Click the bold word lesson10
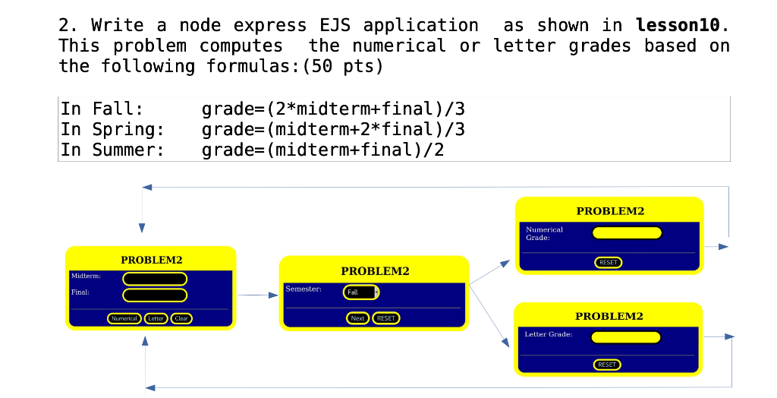pyautogui.click(x=678, y=25)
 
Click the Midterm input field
pyautogui.click(x=155, y=279)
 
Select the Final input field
pyautogui.click(x=155, y=295)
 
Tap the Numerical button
pyautogui.click(x=124, y=318)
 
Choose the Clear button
pyautogui.click(x=181, y=318)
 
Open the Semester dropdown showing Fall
pyautogui.click(x=361, y=292)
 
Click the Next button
pyautogui.click(x=358, y=318)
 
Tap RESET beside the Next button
pyautogui.click(x=386, y=318)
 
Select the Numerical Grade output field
pyautogui.click(x=627, y=232)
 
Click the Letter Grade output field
pyautogui.click(x=626, y=337)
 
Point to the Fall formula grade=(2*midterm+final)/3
pyautogui.click(x=332, y=109)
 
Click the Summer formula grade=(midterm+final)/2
pyautogui.click(x=322, y=150)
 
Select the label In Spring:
pyautogui.click(x=112, y=129)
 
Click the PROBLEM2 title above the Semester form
pyautogui.click(x=375, y=271)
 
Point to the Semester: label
pyautogui.click(x=304, y=289)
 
